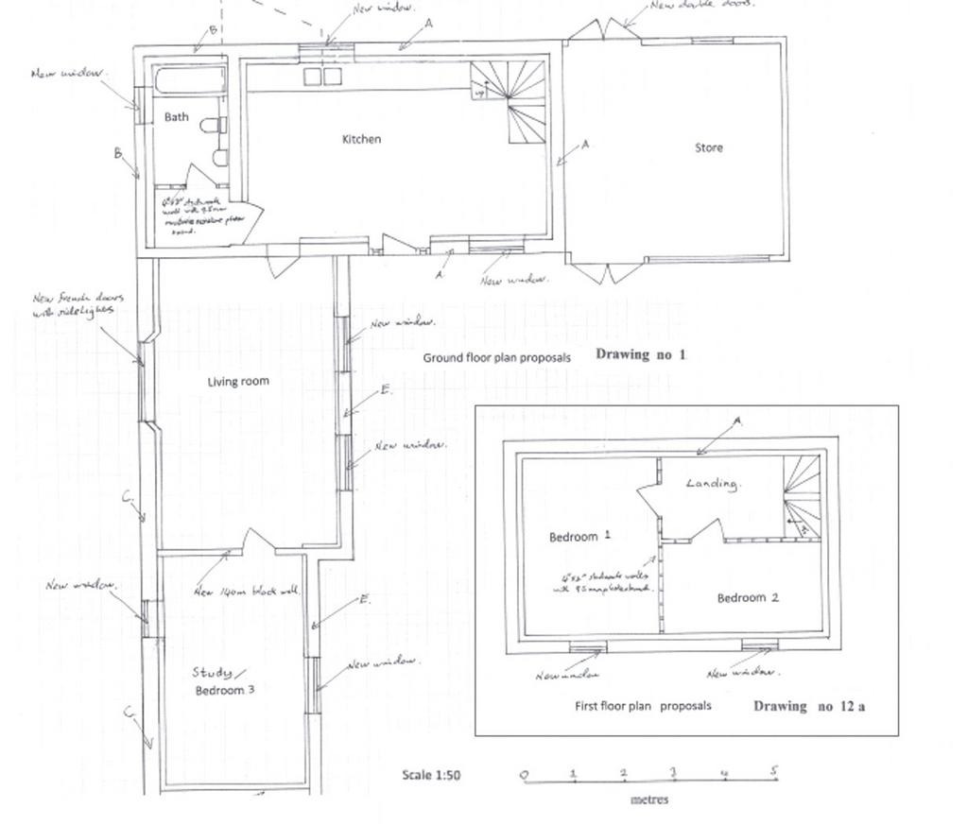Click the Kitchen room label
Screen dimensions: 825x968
pyautogui.click(x=361, y=139)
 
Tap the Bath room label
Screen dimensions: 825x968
pyautogui.click(x=177, y=117)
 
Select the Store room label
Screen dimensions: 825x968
pyautogui.click(x=709, y=147)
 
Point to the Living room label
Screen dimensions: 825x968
pyautogui.click(x=238, y=382)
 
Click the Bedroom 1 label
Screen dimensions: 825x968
pyautogui.click(x=579, y=536)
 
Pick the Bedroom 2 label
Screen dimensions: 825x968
pyautogui.click(x=748, y=597)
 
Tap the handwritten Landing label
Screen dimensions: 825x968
pyautogui.click(x=712, y=484)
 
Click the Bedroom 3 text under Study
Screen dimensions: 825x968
pyautogui.click(x=225, y=690)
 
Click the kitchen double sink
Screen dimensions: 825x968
pyautogui.click(x=322, y=77)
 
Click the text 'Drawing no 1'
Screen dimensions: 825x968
pyautogui.click(x=640, y=355)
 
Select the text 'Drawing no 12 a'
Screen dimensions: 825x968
pyautogui.click(x=808, y=706)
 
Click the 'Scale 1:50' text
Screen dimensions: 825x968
pyautogui.click(x=431, y=775)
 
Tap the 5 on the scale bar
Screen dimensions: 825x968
pyautogui.click(x=773, y=771)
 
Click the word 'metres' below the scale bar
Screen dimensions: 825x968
pyautogui.click(x=649, y=799)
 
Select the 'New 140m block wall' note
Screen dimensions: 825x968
pyautogui.click(x=246, y=592)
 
